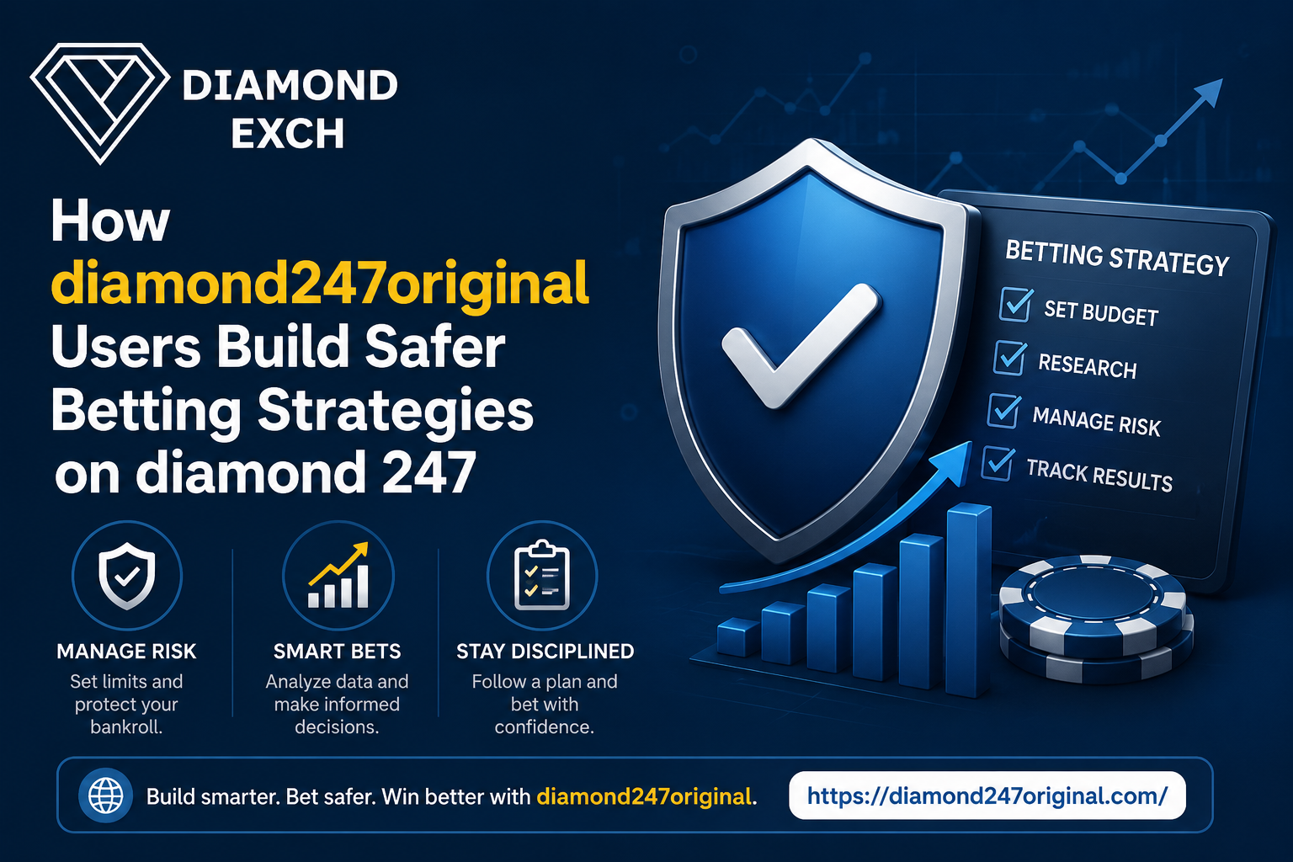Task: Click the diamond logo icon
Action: [x=100, y=103]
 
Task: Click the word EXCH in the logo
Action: [x=287, y=133]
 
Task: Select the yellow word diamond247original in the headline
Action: [x=320, y=284]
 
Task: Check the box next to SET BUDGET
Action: [x=1016, y=304]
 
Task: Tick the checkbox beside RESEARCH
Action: [x=1010, y=358]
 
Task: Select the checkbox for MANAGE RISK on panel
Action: [x=1003, y=411]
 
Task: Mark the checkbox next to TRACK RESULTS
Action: [x=998, y=464]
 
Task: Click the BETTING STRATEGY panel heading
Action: [x=1117, y=258]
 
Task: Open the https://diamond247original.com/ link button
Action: [x=987, y=795]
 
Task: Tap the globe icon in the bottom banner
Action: [x=105, y=795]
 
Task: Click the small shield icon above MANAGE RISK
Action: [x=127, y=576]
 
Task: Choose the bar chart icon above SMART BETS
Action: [x=338, y=575]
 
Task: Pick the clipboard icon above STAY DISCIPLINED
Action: [x=542, y=575]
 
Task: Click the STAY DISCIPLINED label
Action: [x=545, y=652]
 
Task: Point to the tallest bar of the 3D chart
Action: [x=969, y=600]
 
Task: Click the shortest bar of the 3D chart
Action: [x=738, y=637]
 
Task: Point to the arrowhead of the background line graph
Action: [x=1208, y=93]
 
